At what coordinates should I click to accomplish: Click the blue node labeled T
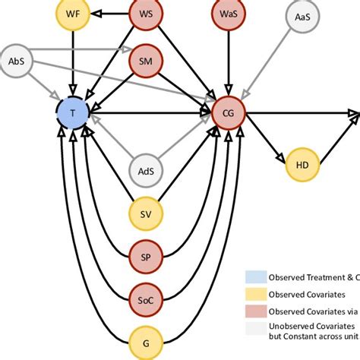pyautogui.click(x=73, y=112)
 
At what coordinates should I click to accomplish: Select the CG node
pyautogui.click(x=228, y=113)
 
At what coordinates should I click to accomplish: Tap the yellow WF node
pyautogui.click(x=72, y=14)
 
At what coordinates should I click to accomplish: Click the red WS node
pyautogui.click(x=145, y=14)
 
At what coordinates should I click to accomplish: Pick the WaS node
pyautogui.click(x=228, y=14)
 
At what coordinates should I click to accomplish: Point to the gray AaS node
pyautogui.click(x=302, y=16)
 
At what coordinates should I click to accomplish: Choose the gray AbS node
pyautogui.click(x=16, y=62)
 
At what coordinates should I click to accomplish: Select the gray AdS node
pyautogui.click(x=145, y=171)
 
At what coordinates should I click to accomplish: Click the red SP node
pyautogui.click(x=145, y=256)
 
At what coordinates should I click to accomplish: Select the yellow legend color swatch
pyautogui.click(x=254, y=293)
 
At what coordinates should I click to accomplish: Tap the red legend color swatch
pyautogui.click(x=254, y=311)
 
